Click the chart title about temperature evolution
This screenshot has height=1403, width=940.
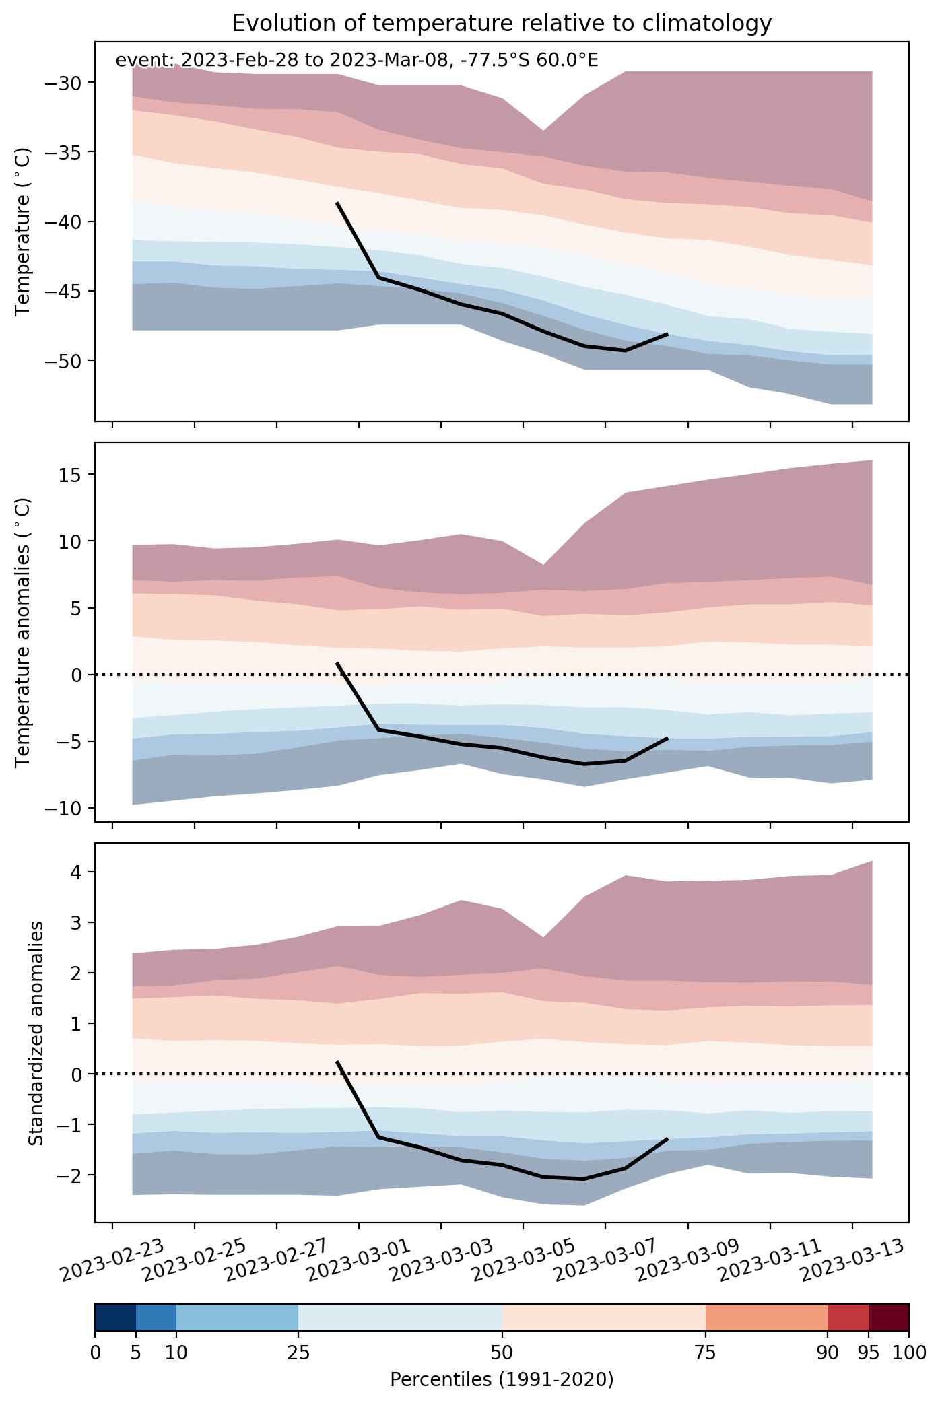[x=502, y=24]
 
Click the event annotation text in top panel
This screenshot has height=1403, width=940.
[x=357, y=61]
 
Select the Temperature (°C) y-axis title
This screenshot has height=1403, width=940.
[x=23, y=231]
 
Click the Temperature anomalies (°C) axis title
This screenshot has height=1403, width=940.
[x=23, y=631]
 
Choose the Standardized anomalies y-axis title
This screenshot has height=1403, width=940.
[x=36, y=1033]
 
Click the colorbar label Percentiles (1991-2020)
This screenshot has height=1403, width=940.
[x=502, y=1380]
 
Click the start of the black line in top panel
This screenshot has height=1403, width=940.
[x=337, y=203]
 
